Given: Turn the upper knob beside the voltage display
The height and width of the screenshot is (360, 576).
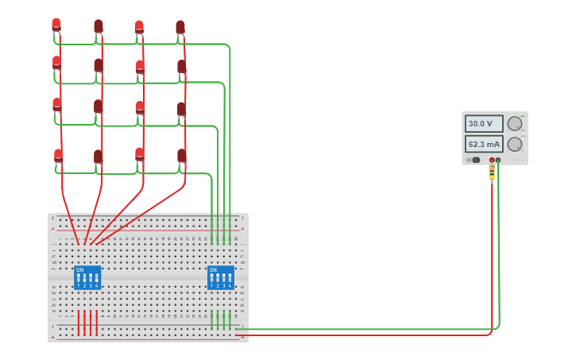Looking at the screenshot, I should [515, 124].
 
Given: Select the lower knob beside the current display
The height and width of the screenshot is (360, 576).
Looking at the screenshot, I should [515, 145].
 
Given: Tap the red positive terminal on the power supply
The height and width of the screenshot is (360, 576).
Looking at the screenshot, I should [492, 160].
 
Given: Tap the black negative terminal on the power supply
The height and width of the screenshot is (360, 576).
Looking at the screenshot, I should [498, 160].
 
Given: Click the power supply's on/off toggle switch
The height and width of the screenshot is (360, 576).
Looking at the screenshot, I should [475, 160].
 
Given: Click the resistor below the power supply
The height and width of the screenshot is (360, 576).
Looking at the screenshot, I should [492, 171].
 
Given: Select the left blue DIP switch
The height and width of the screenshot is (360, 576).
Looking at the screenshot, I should [87, 277].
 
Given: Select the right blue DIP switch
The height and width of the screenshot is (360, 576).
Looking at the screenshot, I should [221, 277].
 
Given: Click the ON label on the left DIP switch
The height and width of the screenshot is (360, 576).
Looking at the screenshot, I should [79, 269].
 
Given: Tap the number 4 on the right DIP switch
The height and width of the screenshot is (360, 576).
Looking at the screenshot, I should [230, 285].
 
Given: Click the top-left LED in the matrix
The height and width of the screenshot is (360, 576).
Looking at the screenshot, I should [56, 25].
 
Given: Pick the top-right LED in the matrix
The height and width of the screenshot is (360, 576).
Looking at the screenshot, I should [180, 27].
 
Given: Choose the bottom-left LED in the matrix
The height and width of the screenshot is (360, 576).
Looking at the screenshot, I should [58, 155].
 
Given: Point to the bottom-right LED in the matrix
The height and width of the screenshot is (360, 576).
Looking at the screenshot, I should [182, 156].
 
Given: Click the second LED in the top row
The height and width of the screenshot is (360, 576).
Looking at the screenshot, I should [99, 26].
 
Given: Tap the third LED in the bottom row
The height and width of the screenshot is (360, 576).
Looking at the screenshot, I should [140, 153].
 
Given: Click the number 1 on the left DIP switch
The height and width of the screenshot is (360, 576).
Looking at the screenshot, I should [79, 285].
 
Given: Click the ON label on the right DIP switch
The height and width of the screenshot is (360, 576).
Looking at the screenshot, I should [213, 269].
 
